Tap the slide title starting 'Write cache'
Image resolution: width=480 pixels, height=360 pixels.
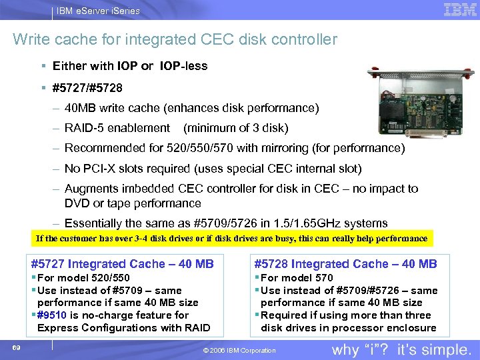click(x=175, y=40)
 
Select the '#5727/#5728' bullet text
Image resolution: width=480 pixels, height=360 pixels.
click(x=87, y=87)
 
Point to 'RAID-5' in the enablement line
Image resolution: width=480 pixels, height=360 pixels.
click(x=84, y=127)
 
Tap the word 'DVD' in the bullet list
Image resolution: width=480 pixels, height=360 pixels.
click(x=77, y=203)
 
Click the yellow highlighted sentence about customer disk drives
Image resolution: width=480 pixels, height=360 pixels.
click(x=231, y=238)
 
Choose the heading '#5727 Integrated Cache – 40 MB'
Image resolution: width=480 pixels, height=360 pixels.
click(x=123, y=264)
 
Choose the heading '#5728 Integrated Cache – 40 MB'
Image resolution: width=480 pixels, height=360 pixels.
click(x=345, y=264)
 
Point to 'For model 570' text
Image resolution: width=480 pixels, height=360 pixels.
click(x=297, y=277)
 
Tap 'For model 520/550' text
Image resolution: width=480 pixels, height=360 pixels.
click(x=83, y=277)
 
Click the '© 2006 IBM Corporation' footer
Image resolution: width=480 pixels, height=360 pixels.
click(x=241, y=351)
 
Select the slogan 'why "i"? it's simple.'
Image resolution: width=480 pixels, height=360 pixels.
click(x=401, y=349)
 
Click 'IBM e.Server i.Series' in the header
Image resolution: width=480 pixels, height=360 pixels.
click(x=99, y=11)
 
